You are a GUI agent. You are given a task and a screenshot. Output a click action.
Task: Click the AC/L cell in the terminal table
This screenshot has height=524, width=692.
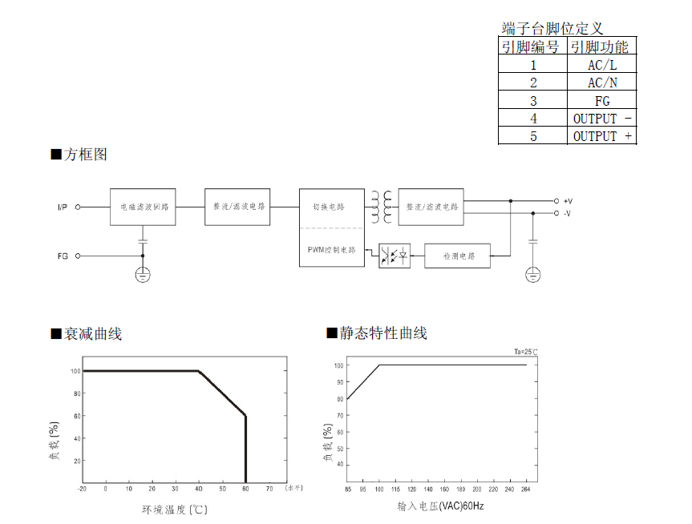[x=602, y=66]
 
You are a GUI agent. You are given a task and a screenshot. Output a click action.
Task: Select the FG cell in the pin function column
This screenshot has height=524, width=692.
[x=602, y=101]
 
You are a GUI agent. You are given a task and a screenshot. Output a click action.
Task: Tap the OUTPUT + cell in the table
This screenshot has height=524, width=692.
[x=602, y=136]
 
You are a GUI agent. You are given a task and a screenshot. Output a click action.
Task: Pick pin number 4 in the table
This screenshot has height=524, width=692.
[x=533, y=119]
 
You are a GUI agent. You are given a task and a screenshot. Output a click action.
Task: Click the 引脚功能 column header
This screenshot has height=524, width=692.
[x=600, y=46]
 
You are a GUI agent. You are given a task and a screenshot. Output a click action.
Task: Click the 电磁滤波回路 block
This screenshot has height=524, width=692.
[x=143, y=207]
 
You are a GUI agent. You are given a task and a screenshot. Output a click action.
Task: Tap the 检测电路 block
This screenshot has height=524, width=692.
[x=458, y=256]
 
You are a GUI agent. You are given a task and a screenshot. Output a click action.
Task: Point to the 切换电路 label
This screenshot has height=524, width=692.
[x=329, y=207]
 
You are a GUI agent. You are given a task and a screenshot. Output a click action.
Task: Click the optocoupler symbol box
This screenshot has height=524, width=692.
[x=395, y=256]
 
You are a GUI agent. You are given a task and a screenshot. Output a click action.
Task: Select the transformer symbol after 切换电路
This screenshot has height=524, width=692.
[x=382, y=208]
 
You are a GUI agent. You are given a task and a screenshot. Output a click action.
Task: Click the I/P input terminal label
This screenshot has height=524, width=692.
[x=63, y=208]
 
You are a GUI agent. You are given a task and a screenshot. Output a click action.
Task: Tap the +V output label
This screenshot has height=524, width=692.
[x=568, y=201]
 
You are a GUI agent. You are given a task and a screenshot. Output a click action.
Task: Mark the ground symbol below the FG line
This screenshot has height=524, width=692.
[x=143, y=275]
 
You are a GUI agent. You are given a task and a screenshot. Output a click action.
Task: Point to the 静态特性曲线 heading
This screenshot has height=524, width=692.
[x=382, y=333]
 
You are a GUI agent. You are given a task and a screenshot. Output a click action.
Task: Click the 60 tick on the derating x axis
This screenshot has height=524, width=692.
[x=245, y=488]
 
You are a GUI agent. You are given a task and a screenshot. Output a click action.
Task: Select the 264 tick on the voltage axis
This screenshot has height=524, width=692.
[x=526, y=489]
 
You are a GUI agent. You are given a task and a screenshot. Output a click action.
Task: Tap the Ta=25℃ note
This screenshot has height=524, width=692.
[x=526, y=352]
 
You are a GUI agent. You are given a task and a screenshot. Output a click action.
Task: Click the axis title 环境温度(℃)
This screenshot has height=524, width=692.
[x=175, y=509]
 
